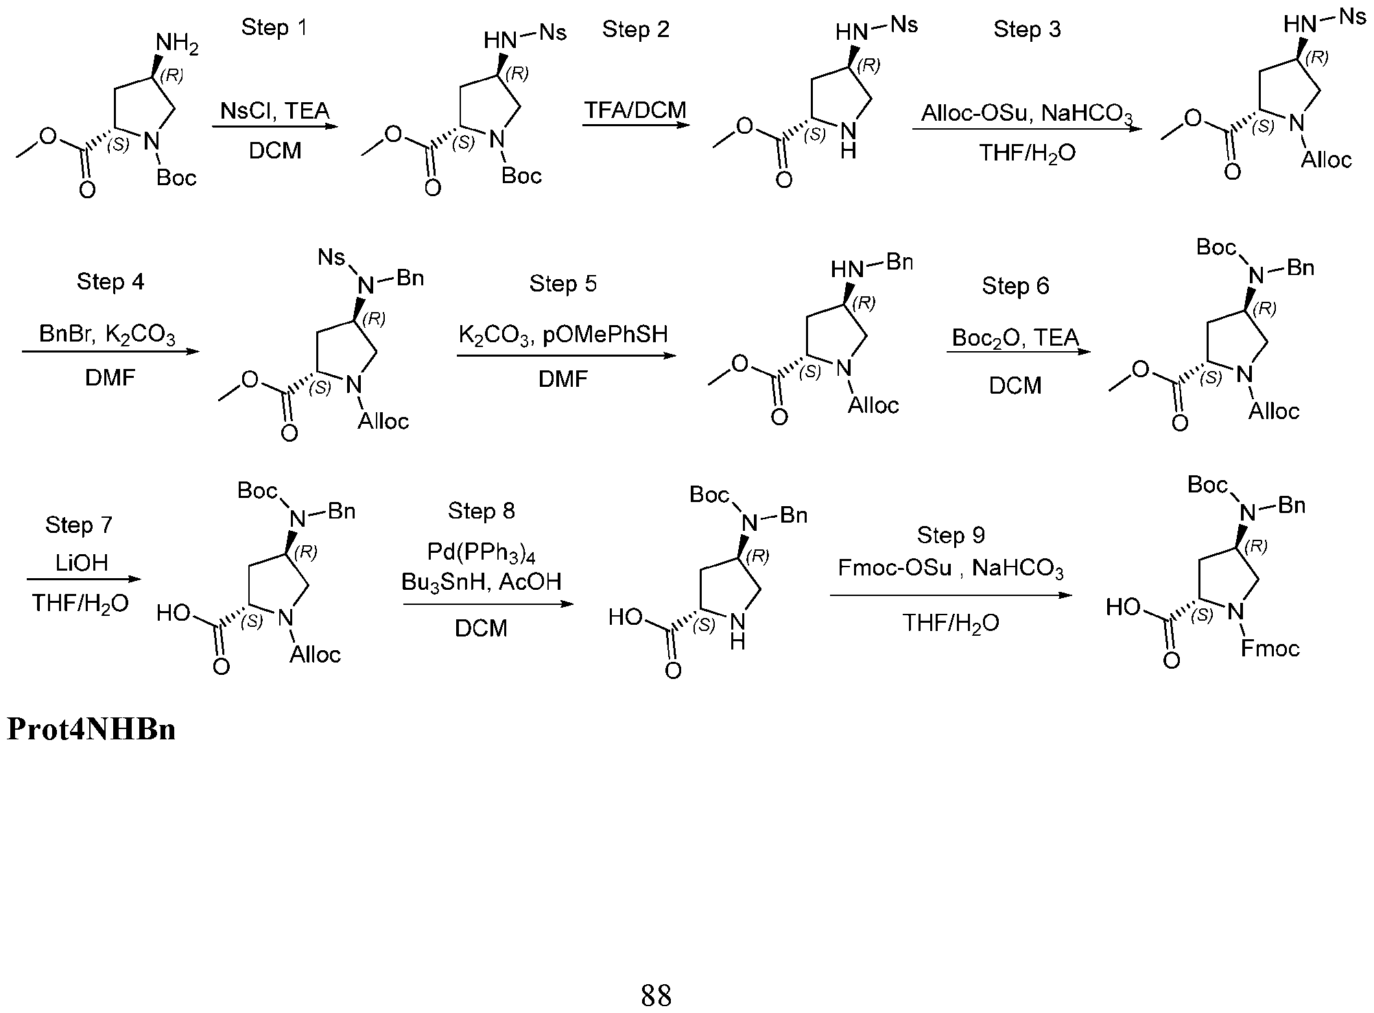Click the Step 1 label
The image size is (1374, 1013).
[274, 27]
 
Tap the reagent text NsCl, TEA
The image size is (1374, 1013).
[275, 110]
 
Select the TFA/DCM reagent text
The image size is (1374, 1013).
[635, 110]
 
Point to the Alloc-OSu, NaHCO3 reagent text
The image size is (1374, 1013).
[1026, 114]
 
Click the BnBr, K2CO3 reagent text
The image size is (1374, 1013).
[108, 335]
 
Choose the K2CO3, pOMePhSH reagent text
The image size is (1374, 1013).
[563, 335]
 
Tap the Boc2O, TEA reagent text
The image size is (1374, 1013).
[1015, 339]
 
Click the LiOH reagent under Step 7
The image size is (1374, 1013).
[82, 563]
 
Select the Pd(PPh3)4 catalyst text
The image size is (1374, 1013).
[482, 552]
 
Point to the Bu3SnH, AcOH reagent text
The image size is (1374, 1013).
[482, 582]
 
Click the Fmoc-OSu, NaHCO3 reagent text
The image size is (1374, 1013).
[951, 569]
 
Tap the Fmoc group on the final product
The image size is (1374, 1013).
[1270, 648]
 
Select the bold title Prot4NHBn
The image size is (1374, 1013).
[91, 729]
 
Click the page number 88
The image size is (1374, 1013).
[656, 994]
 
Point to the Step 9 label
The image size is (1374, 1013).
[951, 535]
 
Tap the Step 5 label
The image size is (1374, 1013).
[563, 284]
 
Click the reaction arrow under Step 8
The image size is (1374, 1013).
[488, 604]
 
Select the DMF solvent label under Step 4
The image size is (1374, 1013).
[110, 378]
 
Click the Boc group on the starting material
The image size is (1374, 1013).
[176, 178]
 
